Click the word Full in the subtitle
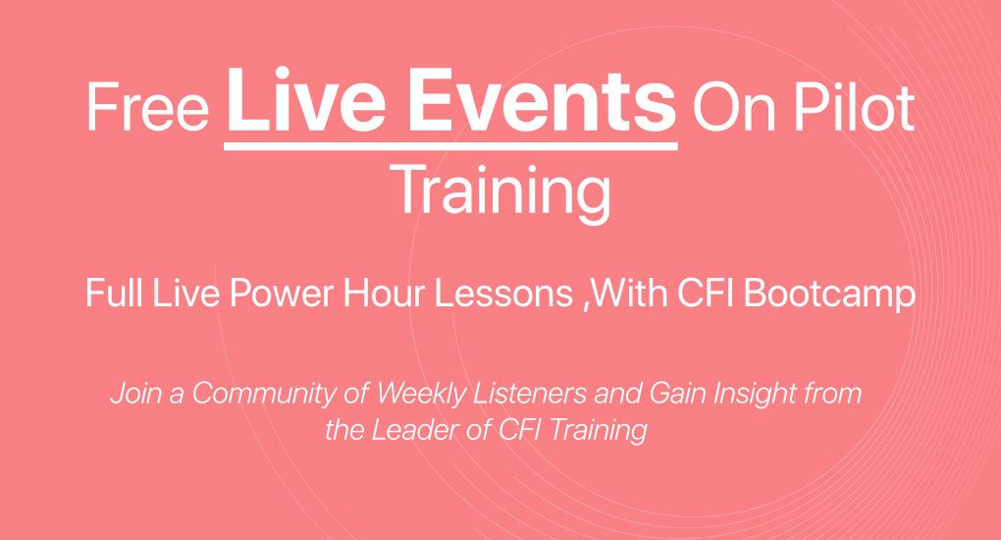(x=109, y=294)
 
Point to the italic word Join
(x=132, y=395)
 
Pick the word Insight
(x=732, y=395)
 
